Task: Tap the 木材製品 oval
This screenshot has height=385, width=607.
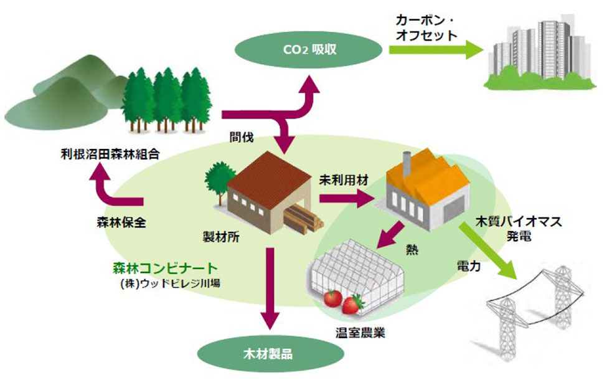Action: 271,356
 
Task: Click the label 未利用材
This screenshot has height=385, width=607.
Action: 344,180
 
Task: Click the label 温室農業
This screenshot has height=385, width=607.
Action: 360,333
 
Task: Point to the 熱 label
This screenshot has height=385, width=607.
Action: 412,250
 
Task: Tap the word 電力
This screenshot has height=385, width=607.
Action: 467,265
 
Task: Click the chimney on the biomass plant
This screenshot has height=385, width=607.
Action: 407,164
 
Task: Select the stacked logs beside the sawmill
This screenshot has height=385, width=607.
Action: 304,218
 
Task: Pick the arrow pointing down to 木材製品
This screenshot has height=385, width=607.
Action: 270,287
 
